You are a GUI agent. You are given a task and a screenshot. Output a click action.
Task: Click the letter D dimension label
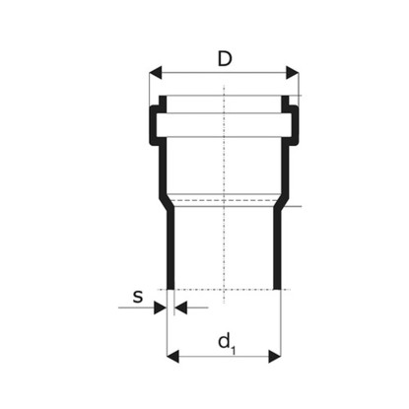[225, 59]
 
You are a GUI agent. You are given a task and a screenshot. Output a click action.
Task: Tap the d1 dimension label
[227, 344]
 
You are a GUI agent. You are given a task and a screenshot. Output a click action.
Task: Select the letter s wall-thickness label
[138, 297]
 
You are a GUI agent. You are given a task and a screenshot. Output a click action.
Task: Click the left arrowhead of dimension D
[156, 72]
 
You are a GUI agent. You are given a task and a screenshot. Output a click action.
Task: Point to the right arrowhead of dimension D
[293, 72]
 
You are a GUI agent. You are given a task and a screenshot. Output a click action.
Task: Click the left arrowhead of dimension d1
[172, 356]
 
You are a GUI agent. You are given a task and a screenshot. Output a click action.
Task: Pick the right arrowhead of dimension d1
[275, 356]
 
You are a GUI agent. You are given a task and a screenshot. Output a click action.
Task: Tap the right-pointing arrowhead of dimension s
[160, 307]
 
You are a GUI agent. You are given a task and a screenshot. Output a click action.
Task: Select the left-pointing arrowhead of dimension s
[180, 307]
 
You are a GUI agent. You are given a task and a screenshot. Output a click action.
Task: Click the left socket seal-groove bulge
[152, 125]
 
